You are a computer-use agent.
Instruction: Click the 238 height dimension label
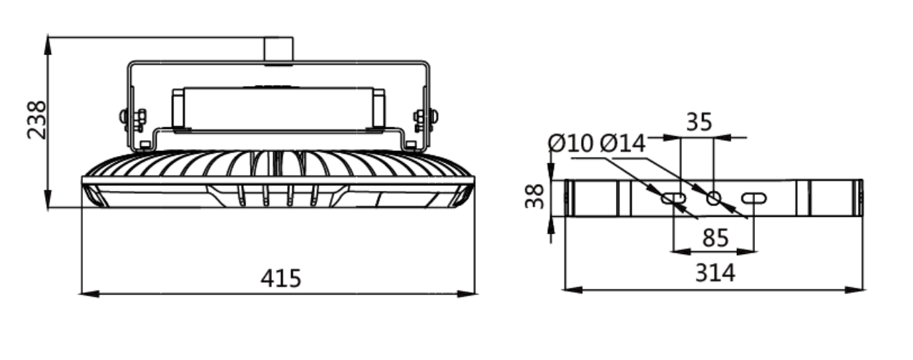[36, 120]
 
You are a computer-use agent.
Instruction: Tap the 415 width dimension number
[280, 278]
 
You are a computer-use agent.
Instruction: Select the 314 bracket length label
[716, 273]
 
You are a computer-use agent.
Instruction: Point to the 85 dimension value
[716, 238]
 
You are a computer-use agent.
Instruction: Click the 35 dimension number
[699, 122]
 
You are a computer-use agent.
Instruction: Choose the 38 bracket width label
[534, 196]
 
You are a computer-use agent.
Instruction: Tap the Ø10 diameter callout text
[570, 144]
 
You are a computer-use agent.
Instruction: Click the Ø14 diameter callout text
[622, 144]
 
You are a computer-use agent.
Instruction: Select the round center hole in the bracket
[713, 198]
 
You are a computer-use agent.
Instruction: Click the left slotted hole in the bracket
[673, 198]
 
